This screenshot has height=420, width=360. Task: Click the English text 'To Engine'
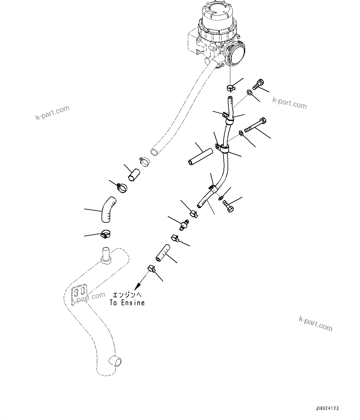pyautogui.click(x=127, y=303)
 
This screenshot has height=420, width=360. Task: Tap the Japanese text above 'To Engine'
pyautogui.click(x=127, y=295)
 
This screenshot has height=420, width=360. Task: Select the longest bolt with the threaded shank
pyautogui.click(x=255, y=125)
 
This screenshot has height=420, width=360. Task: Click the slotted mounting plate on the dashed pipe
pyautogui.click(x=79, y=293)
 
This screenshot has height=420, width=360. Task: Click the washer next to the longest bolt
pyautogui.click(x=241, y=133)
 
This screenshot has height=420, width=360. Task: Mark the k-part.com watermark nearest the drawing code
pyautogui.click(x=315, y=323)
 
